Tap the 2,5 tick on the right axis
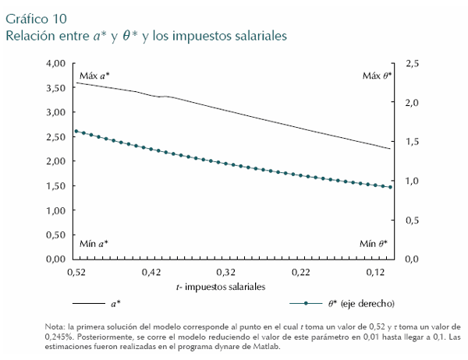pyautogui.click(x=413, y=63)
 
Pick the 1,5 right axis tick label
pyautogui.click(x=413, y=142)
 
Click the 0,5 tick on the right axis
pyautogui.click(x=413, y=220)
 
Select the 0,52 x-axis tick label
pyautogui.click(x=76, y=273)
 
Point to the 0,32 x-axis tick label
pyautogui.click(x=226, y=273)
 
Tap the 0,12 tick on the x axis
pyautogui.click(x=377, y=273)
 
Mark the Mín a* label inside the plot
pyautogui.click(x=94, y=244)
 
